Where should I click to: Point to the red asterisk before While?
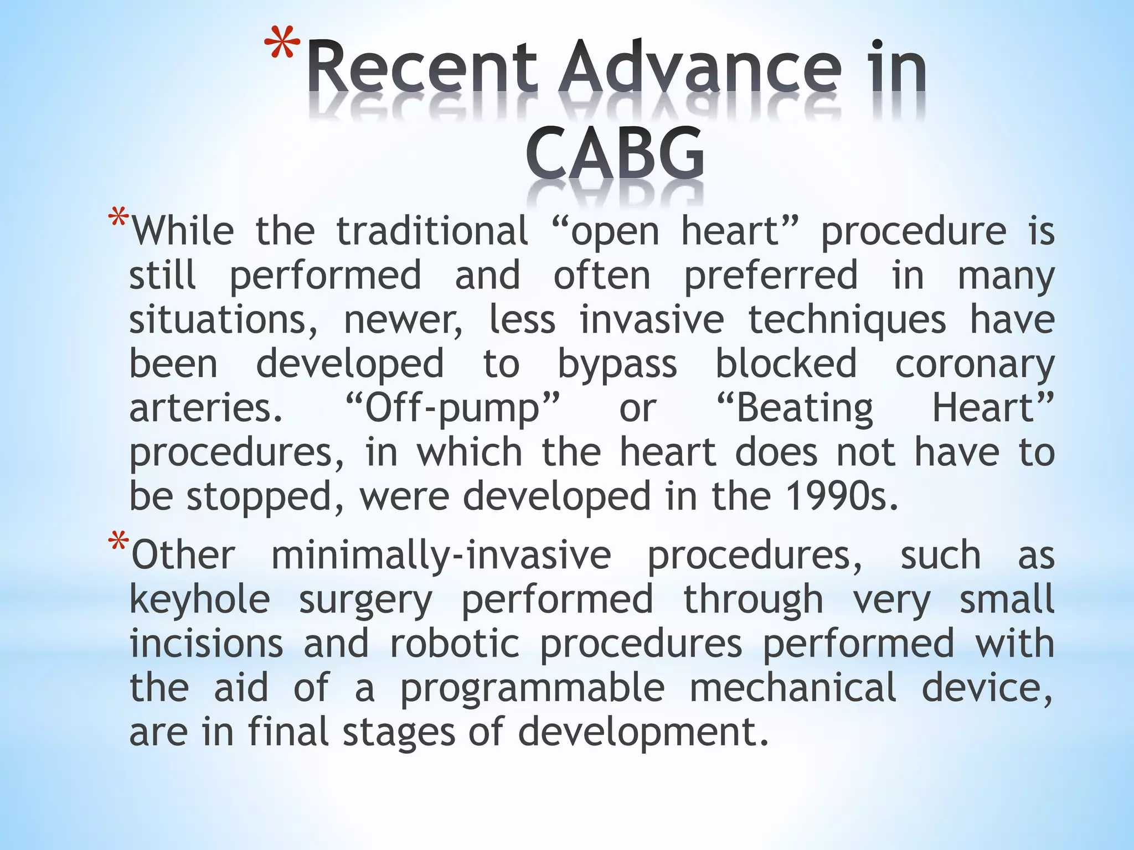[x=119, y=218]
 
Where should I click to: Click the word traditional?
[x=432, y=231]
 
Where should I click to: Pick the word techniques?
[x=847, y=320]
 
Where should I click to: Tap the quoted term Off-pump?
[x=452, y=408]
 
